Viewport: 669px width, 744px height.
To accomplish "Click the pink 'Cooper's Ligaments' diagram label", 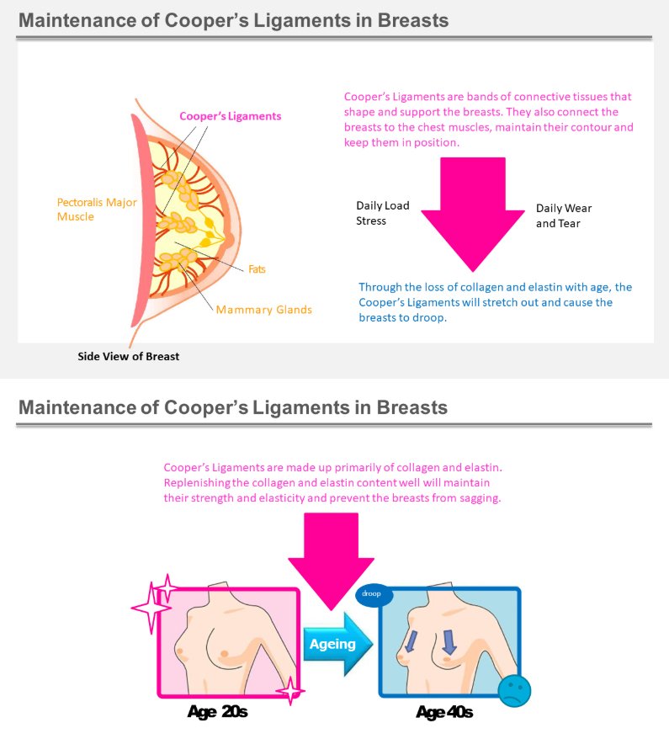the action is (x=230, y=116).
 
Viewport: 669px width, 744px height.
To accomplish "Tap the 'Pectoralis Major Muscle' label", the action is (x=97, y=210).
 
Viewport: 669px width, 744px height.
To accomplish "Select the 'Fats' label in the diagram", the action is (x=257, y=269).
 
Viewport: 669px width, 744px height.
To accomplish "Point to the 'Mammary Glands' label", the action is (x=263, y=310).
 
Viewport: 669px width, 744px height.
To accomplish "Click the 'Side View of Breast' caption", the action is (x=129, y=356).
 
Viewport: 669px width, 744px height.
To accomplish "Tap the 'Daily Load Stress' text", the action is (x=382, y=213).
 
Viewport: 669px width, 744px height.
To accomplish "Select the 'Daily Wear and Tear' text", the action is (x=564, y=216).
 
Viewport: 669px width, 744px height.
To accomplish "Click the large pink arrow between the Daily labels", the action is (x=473, y=214).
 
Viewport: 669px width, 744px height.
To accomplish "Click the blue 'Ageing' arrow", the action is (x=337, y=644).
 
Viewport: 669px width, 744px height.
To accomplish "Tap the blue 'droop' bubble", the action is (x=374, y=594).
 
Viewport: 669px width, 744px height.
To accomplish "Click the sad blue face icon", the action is (x=514, y=690).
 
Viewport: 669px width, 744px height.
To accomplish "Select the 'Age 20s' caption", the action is (x=217, y=712).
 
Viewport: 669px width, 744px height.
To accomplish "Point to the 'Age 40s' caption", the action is (x=444, y=712).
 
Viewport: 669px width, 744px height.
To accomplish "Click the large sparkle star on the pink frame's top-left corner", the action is (x=151, y=608).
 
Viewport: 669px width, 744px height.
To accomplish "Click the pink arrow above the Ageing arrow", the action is (x=332, y=560).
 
